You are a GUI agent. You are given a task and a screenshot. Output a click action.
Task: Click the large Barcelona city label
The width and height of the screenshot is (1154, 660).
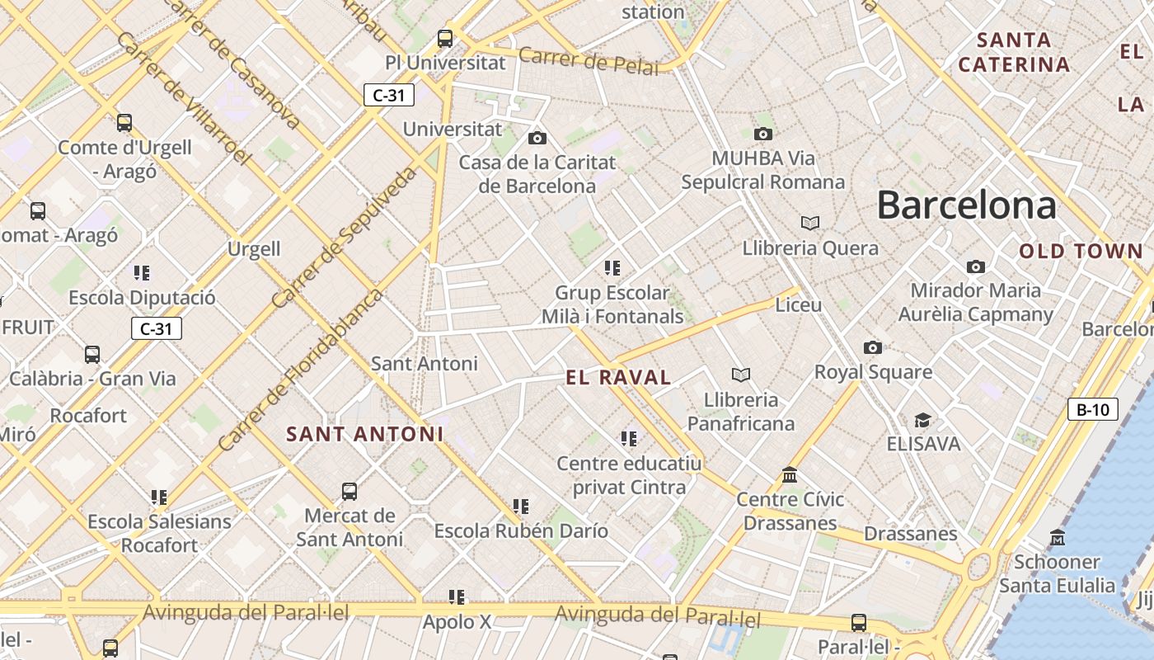(x=966, y=205)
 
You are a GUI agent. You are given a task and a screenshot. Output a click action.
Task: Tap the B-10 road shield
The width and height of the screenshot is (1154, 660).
(x=1092, y=409)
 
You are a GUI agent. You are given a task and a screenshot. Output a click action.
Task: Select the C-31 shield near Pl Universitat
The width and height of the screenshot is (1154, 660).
(x=389, y=95)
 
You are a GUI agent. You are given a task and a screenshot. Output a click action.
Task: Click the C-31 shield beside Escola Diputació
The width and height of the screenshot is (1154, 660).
(x=156, y=328)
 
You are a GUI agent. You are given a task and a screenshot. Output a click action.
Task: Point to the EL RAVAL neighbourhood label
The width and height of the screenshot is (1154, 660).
(x=618, y=378)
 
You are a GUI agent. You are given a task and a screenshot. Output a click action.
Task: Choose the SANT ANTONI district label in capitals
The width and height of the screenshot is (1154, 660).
(x=364, y=434)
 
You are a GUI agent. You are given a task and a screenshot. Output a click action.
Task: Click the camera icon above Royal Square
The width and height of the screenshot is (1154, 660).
(x=873, y=347)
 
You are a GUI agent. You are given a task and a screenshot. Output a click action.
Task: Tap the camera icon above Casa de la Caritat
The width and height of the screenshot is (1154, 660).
(x=537, y=138)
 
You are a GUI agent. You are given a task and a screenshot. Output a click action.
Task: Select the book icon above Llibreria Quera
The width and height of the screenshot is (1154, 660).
(x=810, y=223)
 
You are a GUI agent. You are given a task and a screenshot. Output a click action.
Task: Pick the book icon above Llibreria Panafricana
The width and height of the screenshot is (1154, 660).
(x=741, y=375)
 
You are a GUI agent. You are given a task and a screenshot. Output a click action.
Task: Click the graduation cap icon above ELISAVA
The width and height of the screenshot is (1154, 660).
(x=923, y=421)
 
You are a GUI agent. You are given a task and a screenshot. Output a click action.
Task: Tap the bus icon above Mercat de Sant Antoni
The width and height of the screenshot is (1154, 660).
(x=349, y=492)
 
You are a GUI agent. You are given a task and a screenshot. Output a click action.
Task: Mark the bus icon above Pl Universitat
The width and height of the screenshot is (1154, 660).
(x=445, y=38)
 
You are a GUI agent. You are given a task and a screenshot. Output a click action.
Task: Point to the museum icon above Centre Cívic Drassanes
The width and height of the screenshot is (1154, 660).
(x=790, y=475)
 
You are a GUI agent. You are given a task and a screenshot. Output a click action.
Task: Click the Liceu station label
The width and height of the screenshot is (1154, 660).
(x=799, y=305)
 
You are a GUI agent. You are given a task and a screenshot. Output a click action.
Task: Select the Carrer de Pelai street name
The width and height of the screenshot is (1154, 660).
(x=589, y=60)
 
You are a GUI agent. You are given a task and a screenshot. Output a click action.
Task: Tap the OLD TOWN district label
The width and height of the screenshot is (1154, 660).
(x=1081, y=252)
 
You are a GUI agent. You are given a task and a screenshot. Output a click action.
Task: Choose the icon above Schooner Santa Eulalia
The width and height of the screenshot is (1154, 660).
(x=1058, y=538)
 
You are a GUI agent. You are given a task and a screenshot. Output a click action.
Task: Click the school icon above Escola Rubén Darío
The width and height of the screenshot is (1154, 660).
(x=520, y=506)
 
